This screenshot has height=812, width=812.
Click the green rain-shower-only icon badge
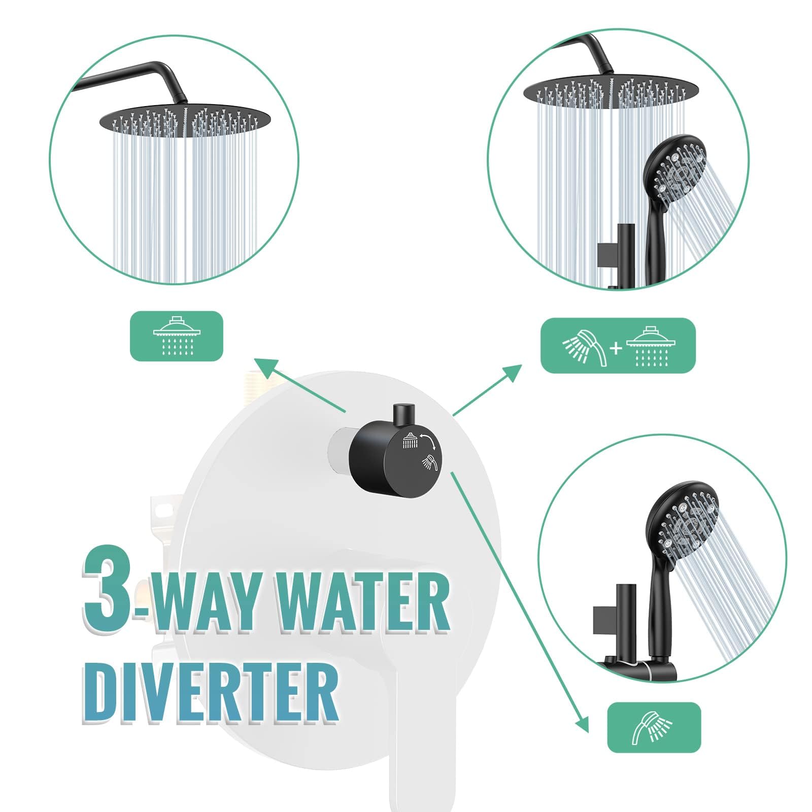177,336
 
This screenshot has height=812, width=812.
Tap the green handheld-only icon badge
654,727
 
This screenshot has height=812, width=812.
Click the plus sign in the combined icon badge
616,348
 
